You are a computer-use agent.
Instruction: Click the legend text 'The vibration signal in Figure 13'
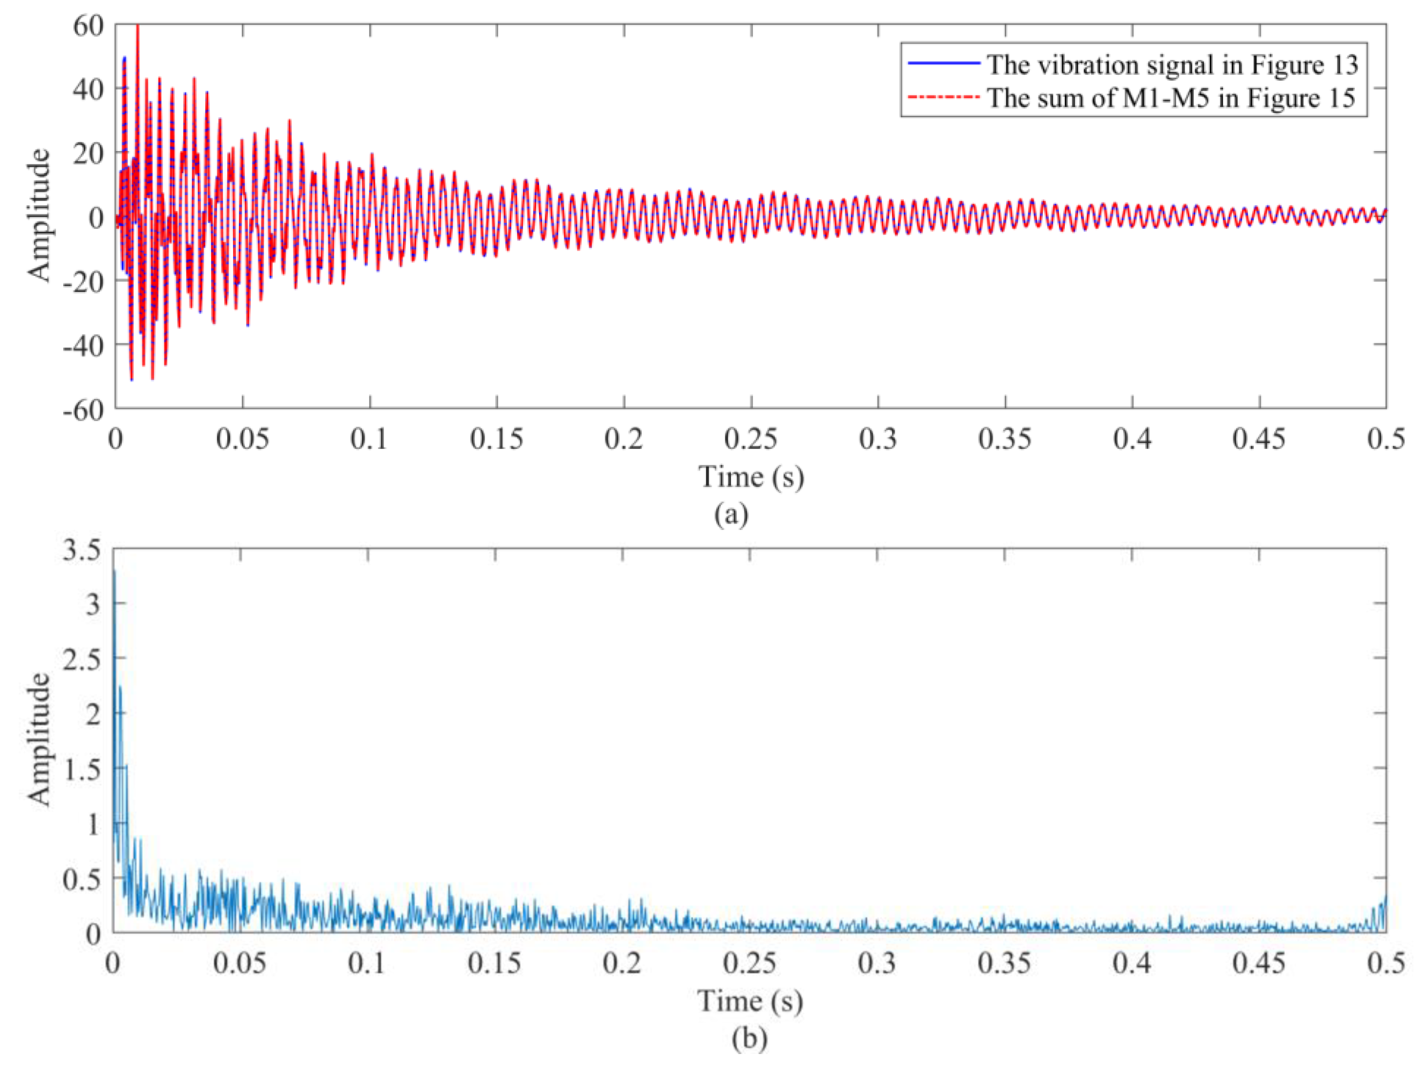click(x=1172, y=64)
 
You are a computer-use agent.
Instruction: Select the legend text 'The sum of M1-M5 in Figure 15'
click(x=1171, y=98)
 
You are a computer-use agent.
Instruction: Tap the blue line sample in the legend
click(x=943, y=63)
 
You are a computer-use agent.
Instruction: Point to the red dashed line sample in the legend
click(x=943, y=97)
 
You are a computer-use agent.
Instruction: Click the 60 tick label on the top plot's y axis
click(x=88, y=26)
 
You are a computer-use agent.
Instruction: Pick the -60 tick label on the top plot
click(x=83, y=410)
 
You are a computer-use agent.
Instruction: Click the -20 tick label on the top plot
click(x=83, y=281)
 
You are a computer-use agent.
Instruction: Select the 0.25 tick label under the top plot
click(x=750, y=440)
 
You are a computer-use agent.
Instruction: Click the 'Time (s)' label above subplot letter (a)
click(x=751, y=477)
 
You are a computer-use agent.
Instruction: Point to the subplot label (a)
click(x=731, y=514)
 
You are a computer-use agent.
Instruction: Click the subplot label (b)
click(x=750, y=1038)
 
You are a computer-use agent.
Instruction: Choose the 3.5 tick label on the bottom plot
click(x=82, y=551)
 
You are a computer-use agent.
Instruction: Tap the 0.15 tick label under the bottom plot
click(x=494, y=964)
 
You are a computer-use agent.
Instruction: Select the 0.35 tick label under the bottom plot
click(x=1004, y=964)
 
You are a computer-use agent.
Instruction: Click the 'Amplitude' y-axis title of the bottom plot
click(x=39, y=739)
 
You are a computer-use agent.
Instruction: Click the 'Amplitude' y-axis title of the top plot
click(x=39, y=215)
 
